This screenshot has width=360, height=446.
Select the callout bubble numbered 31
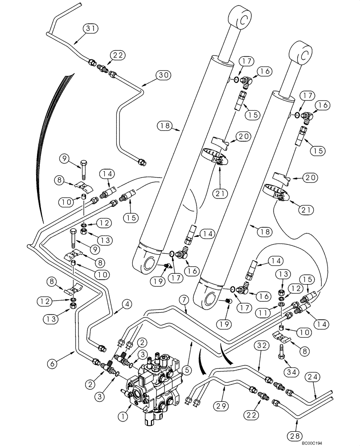(x=90, y=30)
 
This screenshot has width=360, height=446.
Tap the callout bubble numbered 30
(x=163, y=75)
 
